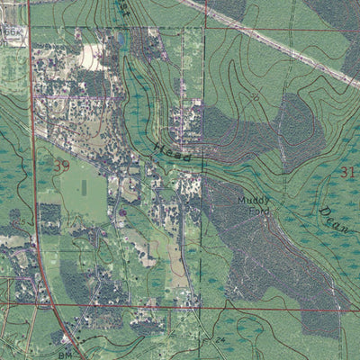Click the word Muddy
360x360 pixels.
253,200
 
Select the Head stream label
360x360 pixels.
172,150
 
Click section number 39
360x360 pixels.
61,166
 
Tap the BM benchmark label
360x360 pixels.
65,355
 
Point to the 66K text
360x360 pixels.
11,31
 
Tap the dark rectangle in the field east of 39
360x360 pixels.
85,188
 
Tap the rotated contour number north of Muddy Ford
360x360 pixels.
256,95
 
